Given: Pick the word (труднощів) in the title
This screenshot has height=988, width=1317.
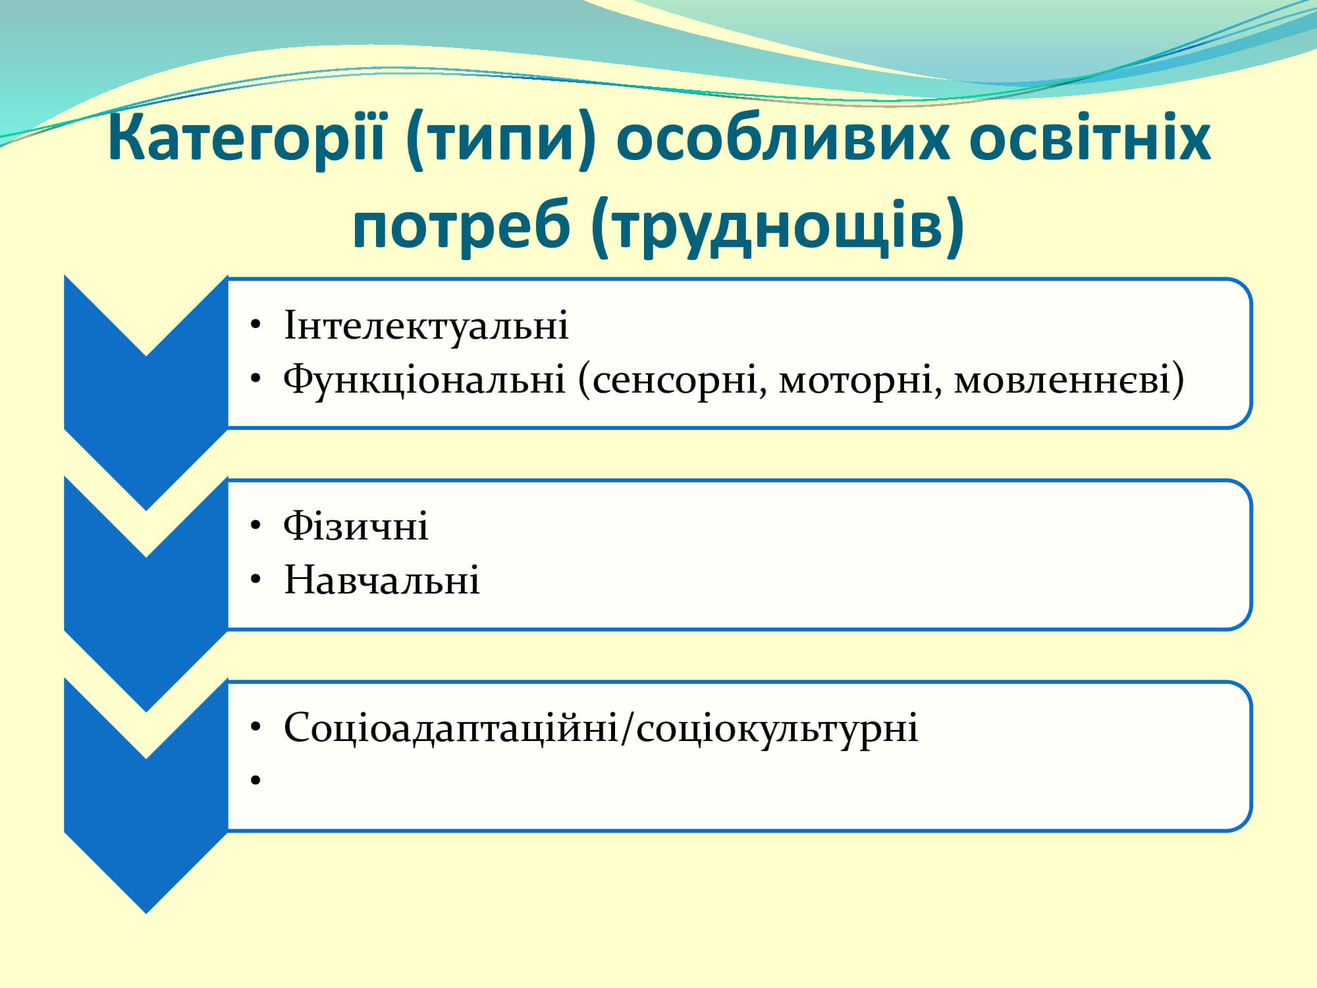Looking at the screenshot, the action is pos(778,227).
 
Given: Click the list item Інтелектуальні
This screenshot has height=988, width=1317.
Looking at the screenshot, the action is pos(426,325).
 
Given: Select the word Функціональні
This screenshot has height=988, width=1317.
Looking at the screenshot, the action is pos(424,380).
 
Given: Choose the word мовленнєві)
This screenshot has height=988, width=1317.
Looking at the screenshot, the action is pos(1069,380).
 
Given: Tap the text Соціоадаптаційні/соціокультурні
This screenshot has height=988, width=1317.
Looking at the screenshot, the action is pos(601,728).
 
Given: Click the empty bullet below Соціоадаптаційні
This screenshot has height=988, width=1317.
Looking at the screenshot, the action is pos(256,781).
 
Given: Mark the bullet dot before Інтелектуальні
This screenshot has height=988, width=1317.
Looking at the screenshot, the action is pos(256,325).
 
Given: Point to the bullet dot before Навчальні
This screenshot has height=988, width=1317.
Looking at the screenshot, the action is pos(256,580).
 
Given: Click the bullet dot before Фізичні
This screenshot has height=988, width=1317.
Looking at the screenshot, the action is pos(256,526).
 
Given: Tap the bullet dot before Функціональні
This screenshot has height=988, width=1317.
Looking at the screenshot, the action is pos(256,379).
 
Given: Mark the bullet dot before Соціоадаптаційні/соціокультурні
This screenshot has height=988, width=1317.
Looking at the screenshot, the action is pos(256,727).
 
